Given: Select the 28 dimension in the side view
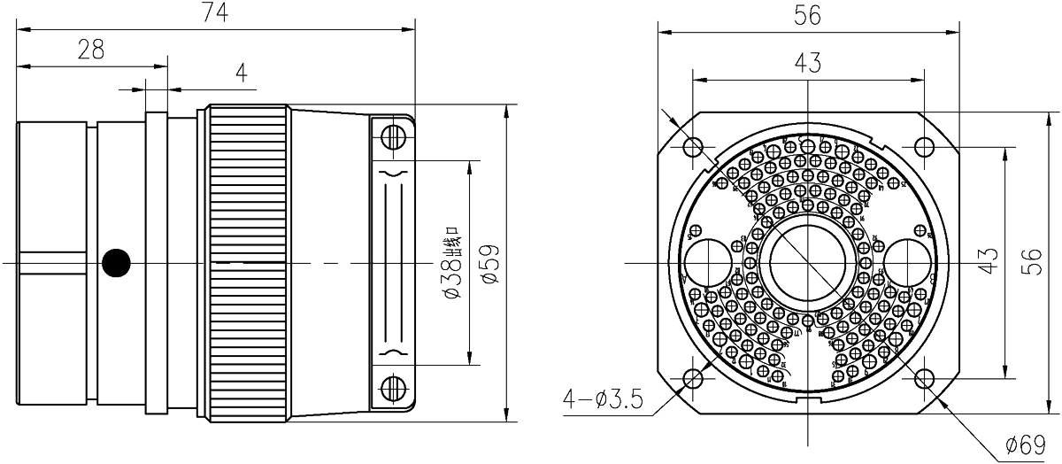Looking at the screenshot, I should (88, 50).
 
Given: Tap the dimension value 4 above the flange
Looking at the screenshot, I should (240, 74).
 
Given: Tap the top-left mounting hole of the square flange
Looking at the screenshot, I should (693, 145).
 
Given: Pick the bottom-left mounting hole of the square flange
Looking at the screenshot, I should (693, 380).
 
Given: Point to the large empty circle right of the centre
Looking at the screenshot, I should (904, 263).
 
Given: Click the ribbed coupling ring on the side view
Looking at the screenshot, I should (247, 263).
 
